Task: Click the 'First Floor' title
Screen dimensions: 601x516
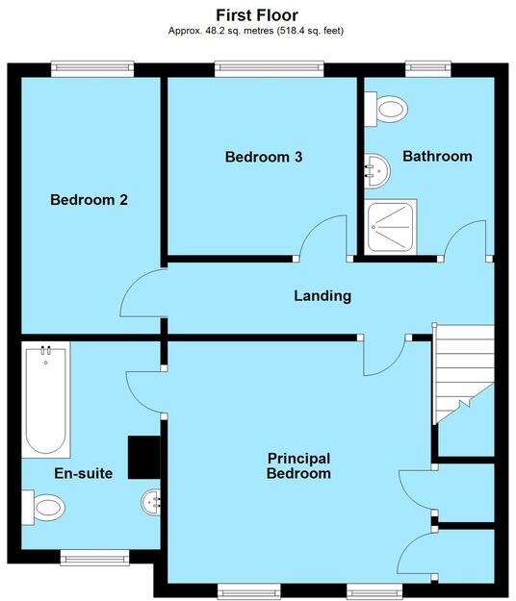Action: pyautogui.click(x=257, y=14)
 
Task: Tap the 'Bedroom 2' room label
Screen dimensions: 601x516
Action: pyautogui.click(x=89, y=200)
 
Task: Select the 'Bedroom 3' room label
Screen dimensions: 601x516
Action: pyautogui.click(x=264, y=157)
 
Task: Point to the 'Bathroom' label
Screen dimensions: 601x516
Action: pyautogui.click(x=437, y=156)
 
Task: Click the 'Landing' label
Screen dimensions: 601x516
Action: pyautogui.click(x=322, y=295)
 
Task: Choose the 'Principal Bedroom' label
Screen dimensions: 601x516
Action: pyautogui.click(x=298, y=465)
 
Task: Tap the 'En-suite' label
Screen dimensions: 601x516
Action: pyautogui.click(x=84, y=473)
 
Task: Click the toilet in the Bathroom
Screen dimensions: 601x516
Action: pyautogui.click(x=388, y=109)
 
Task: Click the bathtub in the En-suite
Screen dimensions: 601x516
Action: pyautogui.click(x=46, y=401)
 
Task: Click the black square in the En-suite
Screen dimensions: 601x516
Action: pyautogui.click(x=143, y=456)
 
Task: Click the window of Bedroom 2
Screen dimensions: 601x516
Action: pyautogui.click(x=92, y=67)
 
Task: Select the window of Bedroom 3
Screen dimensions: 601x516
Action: pyautogui.click(x=270, y=67)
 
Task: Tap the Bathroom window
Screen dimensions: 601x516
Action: pyautogui.click(x=422, y=67)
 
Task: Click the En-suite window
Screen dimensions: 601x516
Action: pyautogui.click(x=94, y=554)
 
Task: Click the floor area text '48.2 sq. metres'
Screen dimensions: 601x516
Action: pyautogui.click(x=226, y=31)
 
